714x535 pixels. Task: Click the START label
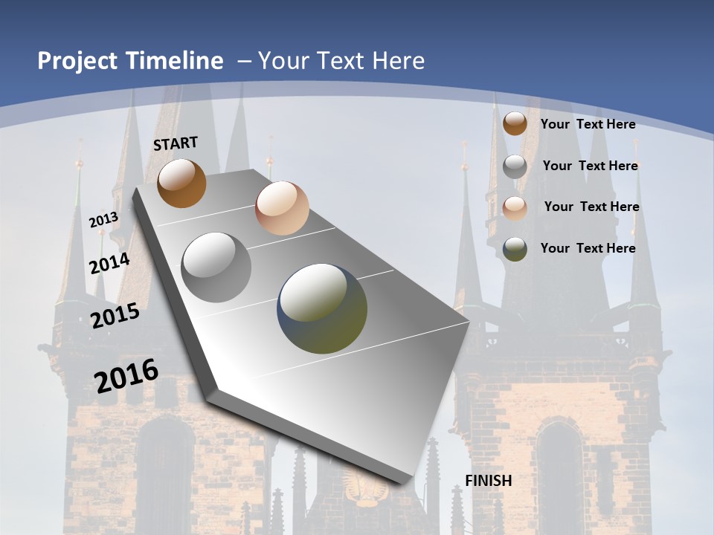tap(176, 143)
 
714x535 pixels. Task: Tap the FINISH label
tap(489, 481)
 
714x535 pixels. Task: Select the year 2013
tap(104, 219)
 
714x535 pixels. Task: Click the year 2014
tap(110, 264)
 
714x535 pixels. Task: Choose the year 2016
tap(127, 375)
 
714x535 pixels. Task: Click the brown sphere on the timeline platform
tap(181, 183)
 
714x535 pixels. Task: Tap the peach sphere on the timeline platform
tap(282, 208)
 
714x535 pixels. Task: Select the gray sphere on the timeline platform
tap(216, 267)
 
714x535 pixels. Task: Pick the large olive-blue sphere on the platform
tap(322, 308)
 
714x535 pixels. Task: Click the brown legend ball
tap(515, 124)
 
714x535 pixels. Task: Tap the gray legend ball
tap(515, 166)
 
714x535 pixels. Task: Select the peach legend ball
tap(515, 207)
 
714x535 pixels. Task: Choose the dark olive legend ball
tap(515, 249)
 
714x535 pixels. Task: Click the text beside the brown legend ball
tap(588, 124)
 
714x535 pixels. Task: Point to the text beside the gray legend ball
tap(590, 166)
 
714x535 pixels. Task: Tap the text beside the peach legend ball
tap(591, 207)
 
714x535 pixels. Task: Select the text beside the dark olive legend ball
tap(588, 248)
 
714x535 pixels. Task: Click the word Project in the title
tap(77, 61)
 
